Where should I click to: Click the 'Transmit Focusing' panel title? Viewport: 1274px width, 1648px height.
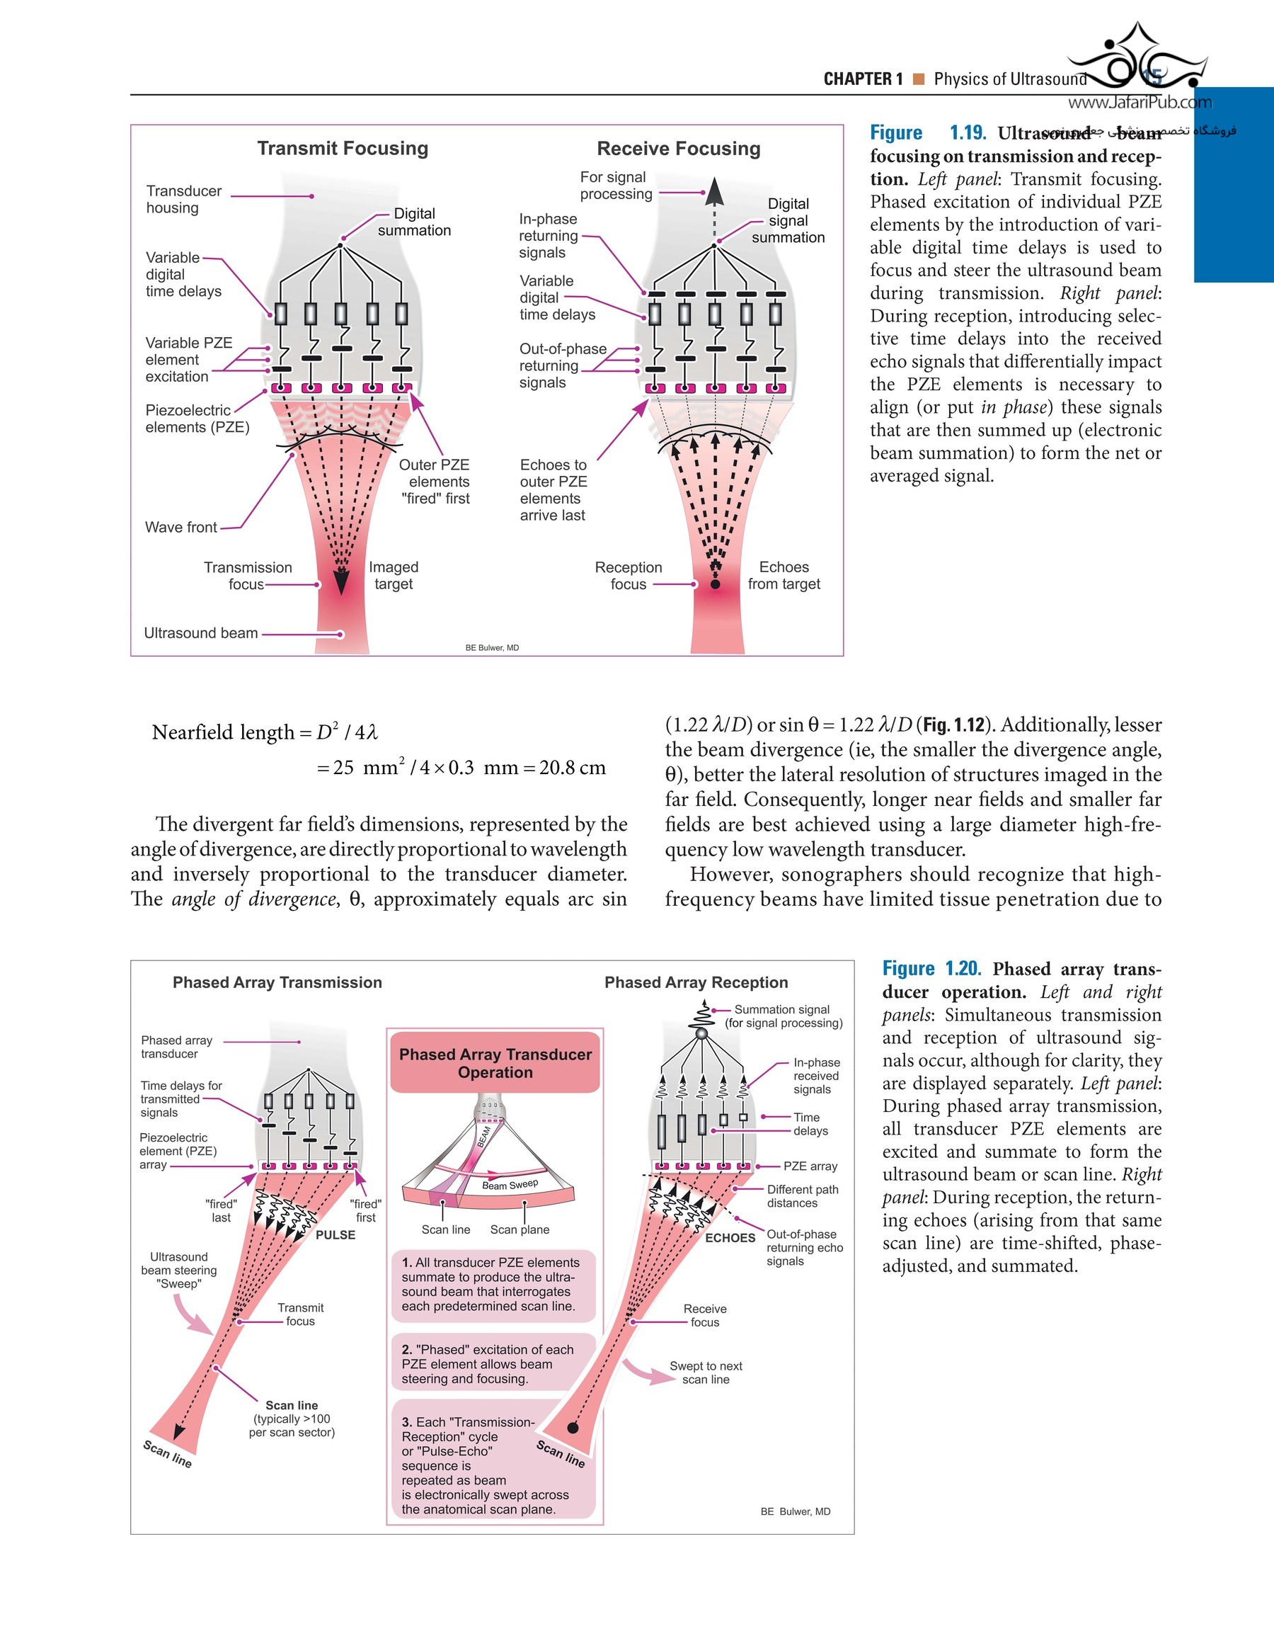pos(343,149)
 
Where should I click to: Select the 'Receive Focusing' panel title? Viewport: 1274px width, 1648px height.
pos(678,149)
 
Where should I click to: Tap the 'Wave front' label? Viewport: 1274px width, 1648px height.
pos(181,528)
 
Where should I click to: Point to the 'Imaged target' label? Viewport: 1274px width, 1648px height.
pos(393,576)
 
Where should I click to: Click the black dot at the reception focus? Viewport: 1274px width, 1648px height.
pos(715,584)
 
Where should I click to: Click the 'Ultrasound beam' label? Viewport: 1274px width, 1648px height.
pos(200,633)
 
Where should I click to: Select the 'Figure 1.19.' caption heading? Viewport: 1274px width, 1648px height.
pos(928,134)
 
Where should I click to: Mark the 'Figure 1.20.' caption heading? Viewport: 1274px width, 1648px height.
pos(931,969)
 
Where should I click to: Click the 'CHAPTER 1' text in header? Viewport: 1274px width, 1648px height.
pos(863,79)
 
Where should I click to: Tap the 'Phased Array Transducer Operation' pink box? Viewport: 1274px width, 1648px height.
pos(495,1063)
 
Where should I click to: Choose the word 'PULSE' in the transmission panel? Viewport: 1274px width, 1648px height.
pos(335,1235)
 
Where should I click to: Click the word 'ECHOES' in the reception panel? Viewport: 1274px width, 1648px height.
pos(730,1238)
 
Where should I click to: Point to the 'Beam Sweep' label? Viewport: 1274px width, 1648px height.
pos(510,1185)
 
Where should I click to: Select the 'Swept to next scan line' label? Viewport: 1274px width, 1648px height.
pos(706,1373)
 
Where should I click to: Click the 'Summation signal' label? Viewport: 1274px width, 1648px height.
pos(782,1010)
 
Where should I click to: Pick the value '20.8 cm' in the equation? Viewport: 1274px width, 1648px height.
pos(573,768)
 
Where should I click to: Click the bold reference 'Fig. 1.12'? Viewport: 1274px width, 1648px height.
pos(954,725)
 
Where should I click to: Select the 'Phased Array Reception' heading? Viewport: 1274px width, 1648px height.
pos(696,982)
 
